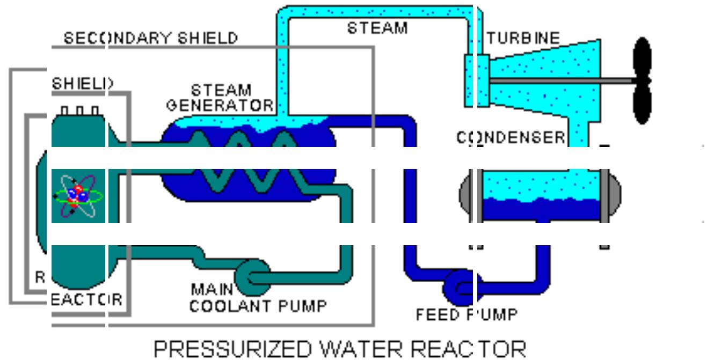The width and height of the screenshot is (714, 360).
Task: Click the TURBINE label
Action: (x=523, y=38)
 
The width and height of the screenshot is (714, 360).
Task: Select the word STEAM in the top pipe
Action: (x=377, y=27)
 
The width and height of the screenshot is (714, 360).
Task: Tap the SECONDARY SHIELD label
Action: (x=150, y=38)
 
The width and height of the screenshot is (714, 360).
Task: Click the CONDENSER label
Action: (x=510, y=138)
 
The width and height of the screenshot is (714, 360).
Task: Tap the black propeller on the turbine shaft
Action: (x=642, y=80)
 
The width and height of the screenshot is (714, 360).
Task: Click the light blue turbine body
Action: (x=542, y=80)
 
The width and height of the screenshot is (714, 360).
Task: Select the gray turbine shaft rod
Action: (x=558, y=80)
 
